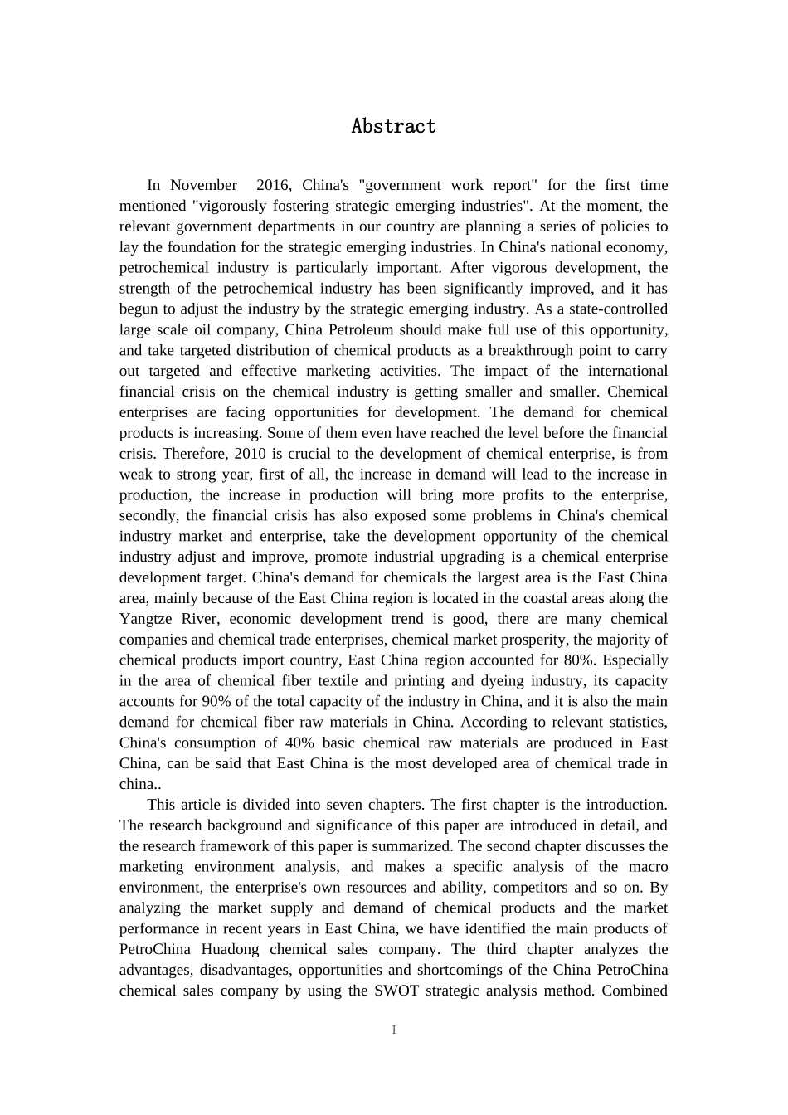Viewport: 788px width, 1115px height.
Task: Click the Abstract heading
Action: [393, 126]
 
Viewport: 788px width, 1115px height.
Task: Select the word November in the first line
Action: [204, 185]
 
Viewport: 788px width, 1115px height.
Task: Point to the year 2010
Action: [251, 454]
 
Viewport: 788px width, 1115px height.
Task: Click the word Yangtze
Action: [147, 619]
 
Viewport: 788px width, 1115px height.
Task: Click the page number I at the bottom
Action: [394, 1030]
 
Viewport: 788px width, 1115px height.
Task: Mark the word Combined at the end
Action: [635, 991]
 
